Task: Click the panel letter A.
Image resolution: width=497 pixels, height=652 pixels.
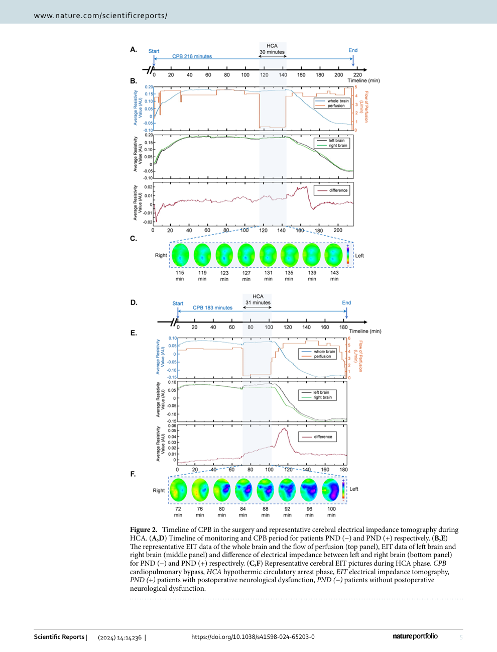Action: pyautogui.click(x=134, y=49)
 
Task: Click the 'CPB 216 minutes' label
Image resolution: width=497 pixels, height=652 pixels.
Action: pyautogui.click(x=192, y=56)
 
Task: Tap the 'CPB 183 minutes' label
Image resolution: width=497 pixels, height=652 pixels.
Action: pyautogui.click(x=212, y=308)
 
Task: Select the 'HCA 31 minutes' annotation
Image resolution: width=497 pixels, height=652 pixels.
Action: pyautogui.click(x=258, y=299)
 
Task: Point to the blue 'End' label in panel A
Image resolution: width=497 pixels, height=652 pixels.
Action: pyautogui.click(x=353, y=50)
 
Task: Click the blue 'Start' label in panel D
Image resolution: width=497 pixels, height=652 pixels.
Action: pyautogui.click(x=178, y=303)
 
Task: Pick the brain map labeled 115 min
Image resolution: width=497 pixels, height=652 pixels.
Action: pyautogui.click(x=181, y=255)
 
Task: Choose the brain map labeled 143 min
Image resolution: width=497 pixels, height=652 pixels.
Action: pyautogui.click(x=334, y=255)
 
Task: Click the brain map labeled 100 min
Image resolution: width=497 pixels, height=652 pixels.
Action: pyautogui.click(x=331, y=490)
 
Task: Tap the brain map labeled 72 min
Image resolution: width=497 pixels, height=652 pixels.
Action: pyautogui.click(x=178, y=490)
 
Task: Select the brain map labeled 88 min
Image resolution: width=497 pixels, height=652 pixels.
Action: pyautogui.click(x=266, y=490)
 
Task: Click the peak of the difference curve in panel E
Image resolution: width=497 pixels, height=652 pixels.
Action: pyautogui.click(x=284, y=428)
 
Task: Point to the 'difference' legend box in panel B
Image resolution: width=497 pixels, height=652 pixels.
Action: pyautogui.click(x=332, y=190)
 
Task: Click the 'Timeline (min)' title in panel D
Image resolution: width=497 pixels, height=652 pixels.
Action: pyautogui.click(x=365, y=331)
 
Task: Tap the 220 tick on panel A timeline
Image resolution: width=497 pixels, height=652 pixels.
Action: pyautogui.click(x=357, y=75)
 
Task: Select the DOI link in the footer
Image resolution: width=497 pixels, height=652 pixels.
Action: pyautogui.click(x=253, y=637)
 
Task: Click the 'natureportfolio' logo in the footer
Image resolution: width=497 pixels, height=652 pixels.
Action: pyautogui.click(x=415, y=636)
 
